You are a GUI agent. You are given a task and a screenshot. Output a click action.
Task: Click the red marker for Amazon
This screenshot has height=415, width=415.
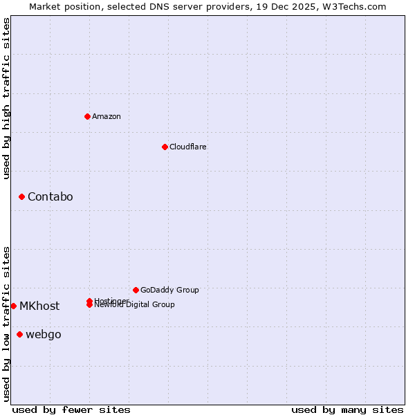[x=87, y=116]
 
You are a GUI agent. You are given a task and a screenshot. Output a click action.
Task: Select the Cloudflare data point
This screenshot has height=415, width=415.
[x=165, y=147]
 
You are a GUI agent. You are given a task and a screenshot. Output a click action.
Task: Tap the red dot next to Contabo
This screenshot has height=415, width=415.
[x=21, y=197]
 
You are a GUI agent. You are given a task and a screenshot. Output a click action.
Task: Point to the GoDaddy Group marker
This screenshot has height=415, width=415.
[x=136, y=290]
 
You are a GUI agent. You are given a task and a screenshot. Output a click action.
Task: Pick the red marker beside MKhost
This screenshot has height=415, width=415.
[x=13, y=306]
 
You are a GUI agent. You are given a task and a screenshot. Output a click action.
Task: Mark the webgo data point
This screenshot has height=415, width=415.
[x=19, y=335]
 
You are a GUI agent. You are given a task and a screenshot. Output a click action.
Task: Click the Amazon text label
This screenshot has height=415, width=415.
[x=107, y=116]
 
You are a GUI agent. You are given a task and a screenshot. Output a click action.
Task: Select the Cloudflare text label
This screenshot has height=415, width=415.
[x=187, y=147]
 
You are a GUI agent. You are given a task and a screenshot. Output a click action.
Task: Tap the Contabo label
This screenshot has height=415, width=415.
[x=50, y=197]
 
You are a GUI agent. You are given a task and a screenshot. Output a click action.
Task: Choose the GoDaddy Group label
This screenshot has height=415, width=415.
[x=169, y=290]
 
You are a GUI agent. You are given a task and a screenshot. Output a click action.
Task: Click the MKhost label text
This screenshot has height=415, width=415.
[x=39, y=306]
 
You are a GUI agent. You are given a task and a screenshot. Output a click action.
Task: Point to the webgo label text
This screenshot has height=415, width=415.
[x=43, y=335]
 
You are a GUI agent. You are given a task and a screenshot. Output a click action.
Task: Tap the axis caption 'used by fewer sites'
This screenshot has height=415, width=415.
[x=71, y=409]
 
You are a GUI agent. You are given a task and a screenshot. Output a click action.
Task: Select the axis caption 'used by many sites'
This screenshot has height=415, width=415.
[x=347, y=409]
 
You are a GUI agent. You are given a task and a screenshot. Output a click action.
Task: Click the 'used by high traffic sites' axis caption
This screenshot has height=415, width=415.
[x=7, y=98]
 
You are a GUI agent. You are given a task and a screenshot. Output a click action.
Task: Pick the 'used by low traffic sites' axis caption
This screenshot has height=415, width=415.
[x=7, y=324]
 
